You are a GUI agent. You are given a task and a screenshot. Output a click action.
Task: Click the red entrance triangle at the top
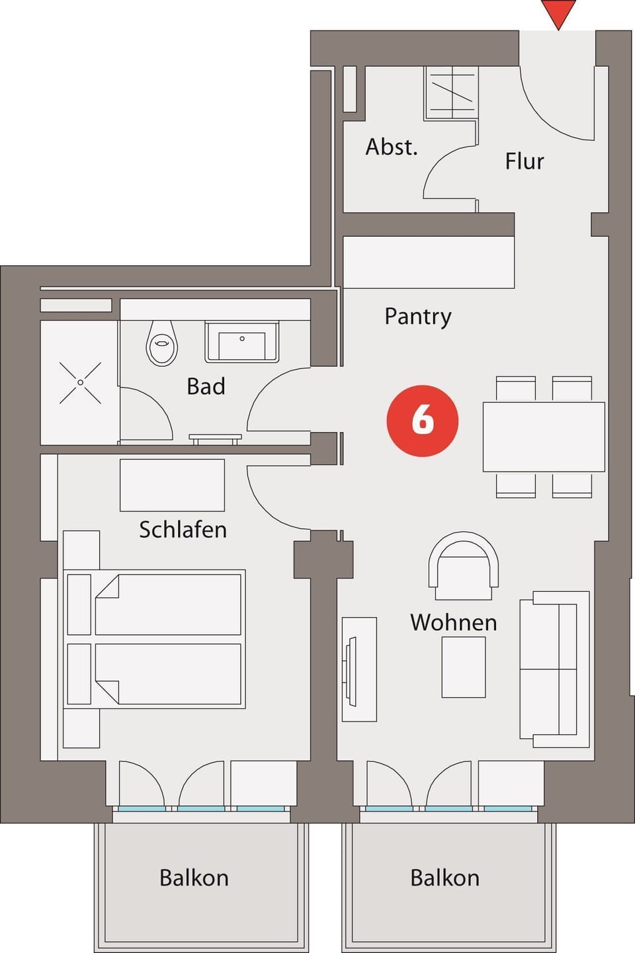558,13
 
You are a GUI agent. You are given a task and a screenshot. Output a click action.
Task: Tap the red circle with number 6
422,421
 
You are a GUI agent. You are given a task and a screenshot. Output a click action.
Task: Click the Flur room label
524,161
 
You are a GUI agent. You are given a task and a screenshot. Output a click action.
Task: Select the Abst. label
392,147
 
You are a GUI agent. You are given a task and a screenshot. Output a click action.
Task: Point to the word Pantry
417,316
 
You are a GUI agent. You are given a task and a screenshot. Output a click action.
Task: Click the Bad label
206,386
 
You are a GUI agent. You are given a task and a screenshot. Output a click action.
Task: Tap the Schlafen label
183,530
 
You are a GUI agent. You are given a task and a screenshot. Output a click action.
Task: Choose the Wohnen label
453,622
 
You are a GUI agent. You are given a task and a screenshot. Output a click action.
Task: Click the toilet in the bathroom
162,343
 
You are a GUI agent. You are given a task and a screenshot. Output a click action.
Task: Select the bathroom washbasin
241,342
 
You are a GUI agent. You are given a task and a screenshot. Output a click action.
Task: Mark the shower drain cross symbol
80,382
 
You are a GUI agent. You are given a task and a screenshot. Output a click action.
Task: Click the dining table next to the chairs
544,436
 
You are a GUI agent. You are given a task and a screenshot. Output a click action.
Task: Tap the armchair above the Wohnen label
463,565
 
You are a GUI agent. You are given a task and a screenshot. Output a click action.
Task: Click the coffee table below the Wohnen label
464,667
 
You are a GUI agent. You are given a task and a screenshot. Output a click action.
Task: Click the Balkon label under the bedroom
194,878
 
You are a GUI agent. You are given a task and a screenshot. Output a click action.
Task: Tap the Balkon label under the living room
444,878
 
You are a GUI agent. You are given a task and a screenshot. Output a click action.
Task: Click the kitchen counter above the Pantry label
428,262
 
